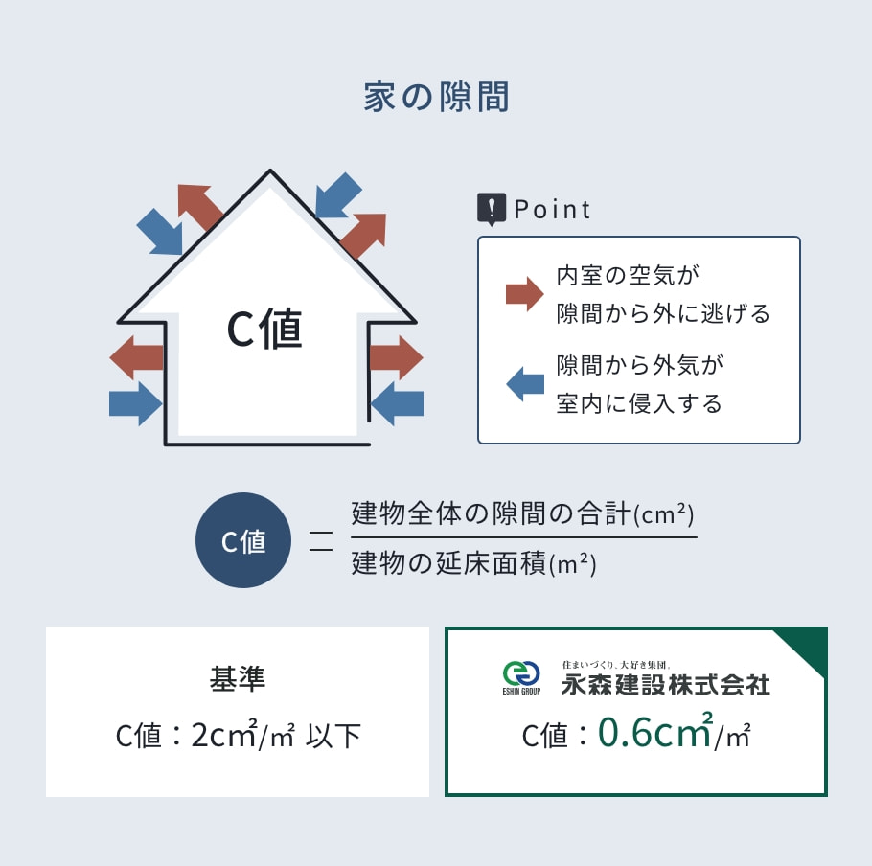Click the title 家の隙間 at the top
tap(437, 97)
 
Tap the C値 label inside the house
tap(264, 329)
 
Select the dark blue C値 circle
tap(243, 540)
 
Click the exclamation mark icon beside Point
tap(492, 209)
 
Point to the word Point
tap(552, 210)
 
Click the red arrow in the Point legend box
tap(524, 293)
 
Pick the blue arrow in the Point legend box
tap(525, 383)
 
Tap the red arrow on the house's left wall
tap(136, 357)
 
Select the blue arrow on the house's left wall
tap(136, 403)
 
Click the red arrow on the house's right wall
tap(396, 357)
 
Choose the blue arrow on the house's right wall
tap(397, 403)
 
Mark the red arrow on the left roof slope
tap(200, 207)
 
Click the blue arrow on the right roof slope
tap(338, 195)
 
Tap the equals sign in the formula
tap(321, 541)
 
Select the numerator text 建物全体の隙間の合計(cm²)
tap(523, 513)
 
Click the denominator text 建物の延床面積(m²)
tap(473, 563)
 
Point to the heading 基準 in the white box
tap(238, 678)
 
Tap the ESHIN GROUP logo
tap(521, 677)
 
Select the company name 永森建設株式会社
tap(666, 684)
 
